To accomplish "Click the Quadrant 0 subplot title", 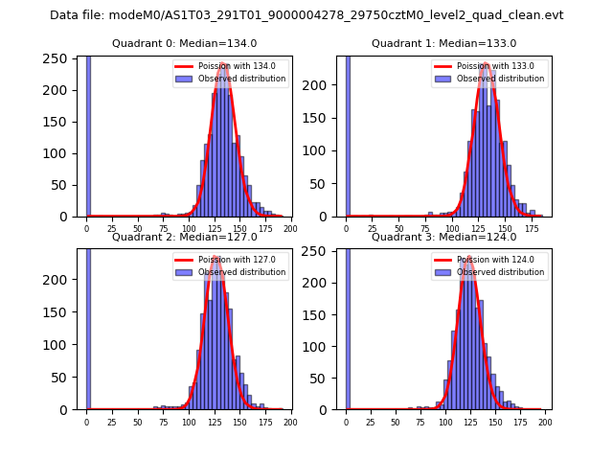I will (185, 43).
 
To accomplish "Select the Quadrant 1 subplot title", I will (443, 43).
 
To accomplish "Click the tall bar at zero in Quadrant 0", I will (88, 134).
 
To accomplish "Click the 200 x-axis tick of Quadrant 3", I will (545, 422).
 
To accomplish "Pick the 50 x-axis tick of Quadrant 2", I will (138, 422).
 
